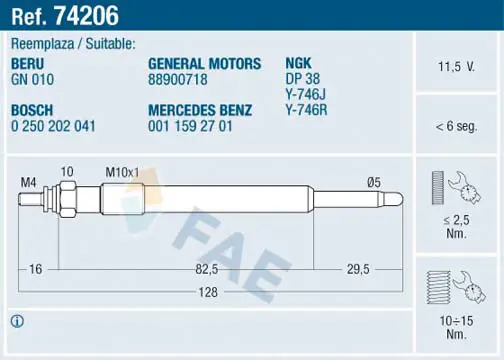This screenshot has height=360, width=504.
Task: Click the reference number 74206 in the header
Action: [86, 16]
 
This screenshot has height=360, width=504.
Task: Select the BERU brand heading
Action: [28, 63]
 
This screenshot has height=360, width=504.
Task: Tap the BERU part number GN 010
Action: [32, 79]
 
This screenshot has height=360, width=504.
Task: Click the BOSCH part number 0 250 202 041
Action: [53, 126]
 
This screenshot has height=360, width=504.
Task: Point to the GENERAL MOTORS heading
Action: [204, 63]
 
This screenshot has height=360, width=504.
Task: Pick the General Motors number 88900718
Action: [178, 79]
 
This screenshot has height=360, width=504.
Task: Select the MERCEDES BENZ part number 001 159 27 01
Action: [190, 126]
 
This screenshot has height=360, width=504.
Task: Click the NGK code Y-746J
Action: [305, 94]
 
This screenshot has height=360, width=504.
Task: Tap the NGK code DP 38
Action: [302, 79]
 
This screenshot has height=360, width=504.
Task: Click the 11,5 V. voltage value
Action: [456, 67]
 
